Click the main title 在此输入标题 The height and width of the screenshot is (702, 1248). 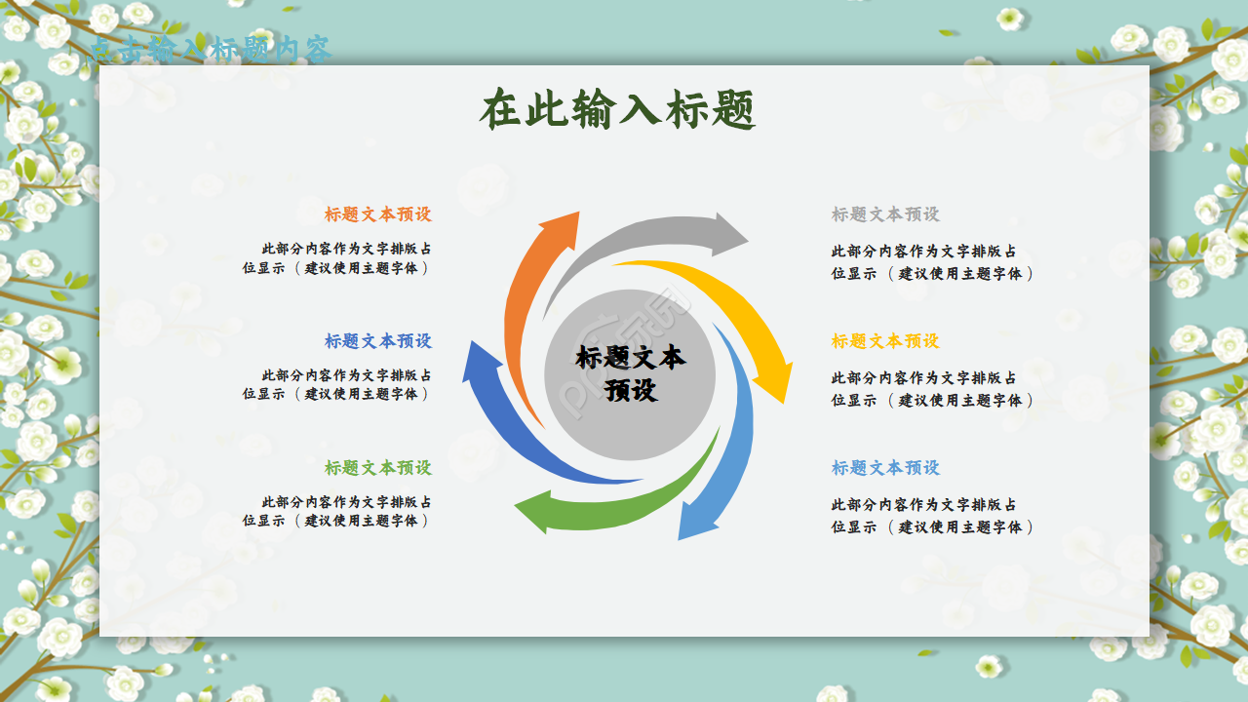click(x=618, y=110)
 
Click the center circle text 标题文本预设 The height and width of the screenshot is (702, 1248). click(x=630, y=373)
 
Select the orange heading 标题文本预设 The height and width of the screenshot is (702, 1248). click(x=377, y=214)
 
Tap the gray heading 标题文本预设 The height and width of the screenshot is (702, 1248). click(x=885, y=214)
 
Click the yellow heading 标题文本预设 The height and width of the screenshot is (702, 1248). click(x=885, y=341)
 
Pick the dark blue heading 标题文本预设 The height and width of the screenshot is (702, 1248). click(x=377, y=341)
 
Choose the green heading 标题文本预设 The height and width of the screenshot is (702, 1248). click(x=377, y=468)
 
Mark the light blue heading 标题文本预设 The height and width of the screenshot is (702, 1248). click(x=885, y=468)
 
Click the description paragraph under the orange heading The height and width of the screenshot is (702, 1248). click(x=337, y=258)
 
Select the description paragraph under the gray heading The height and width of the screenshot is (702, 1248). click(x=931, y=262)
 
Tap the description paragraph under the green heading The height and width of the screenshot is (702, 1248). click(x=337, y=512)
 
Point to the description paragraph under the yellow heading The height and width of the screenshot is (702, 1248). click(x=931, y=389)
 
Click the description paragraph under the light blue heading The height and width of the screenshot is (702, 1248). click(x=931, y=516)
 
